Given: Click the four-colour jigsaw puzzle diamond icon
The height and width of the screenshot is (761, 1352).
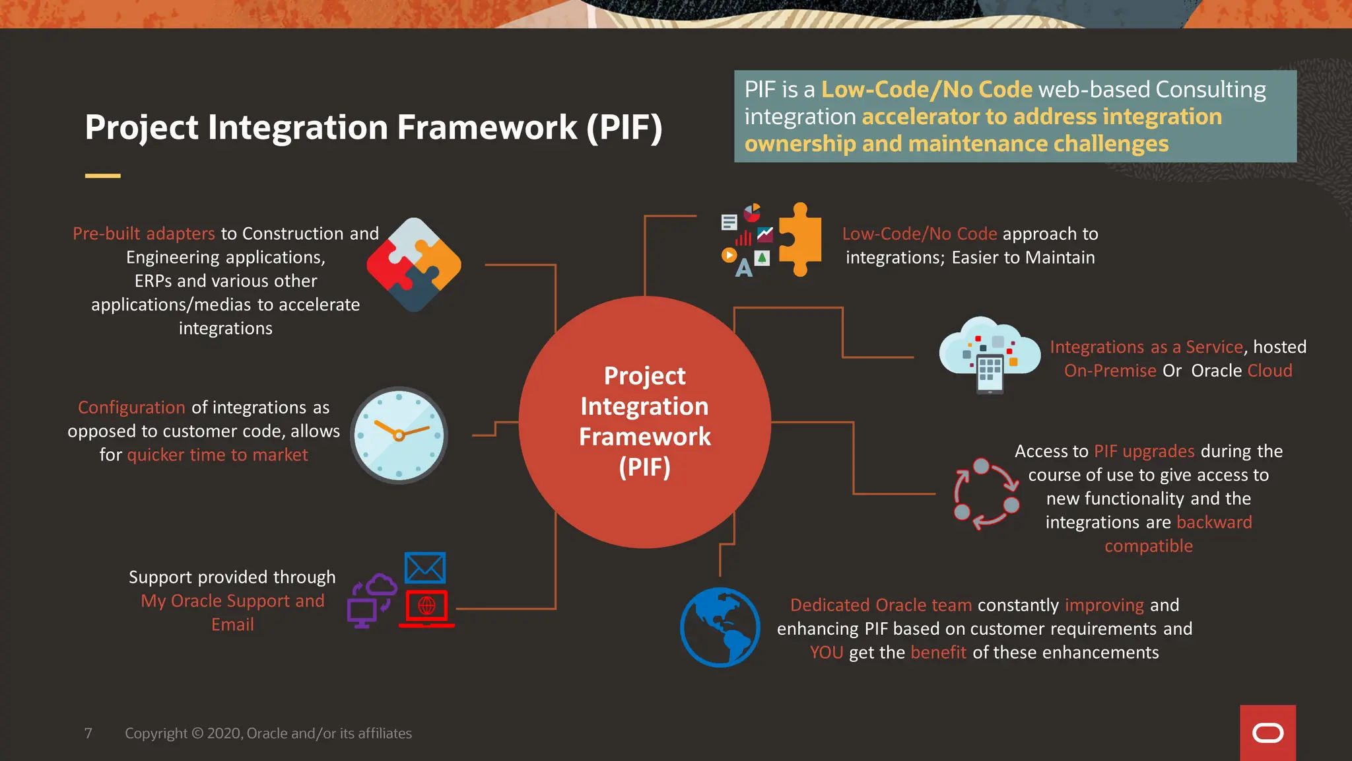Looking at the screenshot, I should (x=414, y=265).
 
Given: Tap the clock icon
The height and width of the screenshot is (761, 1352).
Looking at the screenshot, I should (x=399, y=435).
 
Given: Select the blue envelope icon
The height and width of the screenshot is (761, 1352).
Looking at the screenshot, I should (x=424, y=567).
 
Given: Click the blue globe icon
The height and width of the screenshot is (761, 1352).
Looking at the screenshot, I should (x=720, y=627).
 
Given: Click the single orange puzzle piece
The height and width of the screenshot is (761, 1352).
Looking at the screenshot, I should (x=800, y=239).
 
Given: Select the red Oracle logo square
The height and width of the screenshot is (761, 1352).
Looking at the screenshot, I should (x=1267, y=733).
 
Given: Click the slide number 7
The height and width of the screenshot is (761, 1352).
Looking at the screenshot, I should (x=88, y=733).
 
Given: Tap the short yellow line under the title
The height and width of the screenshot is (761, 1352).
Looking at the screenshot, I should (x=102, y=176).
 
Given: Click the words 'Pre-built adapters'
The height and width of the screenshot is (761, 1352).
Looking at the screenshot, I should (x=144, y=234).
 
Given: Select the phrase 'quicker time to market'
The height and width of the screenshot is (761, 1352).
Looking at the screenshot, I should (x=217, y=455).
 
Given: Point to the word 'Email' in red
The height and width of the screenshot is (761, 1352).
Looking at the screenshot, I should (x=232, y=625).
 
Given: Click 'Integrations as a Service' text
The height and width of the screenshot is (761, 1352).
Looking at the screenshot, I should (x=1146, y=347).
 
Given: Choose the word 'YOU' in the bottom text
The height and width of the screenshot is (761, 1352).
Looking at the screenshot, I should (x=826, y=653).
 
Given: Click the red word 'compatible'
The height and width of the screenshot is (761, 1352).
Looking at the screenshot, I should (x=1148, y=546).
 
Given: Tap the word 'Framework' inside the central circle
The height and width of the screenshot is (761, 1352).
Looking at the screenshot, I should (x=644, y=437).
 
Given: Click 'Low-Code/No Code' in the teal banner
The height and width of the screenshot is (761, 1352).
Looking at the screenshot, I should (x=926, y=89).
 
